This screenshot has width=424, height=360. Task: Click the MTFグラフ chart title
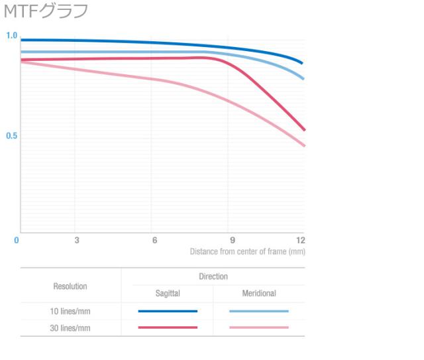tap(46, 11)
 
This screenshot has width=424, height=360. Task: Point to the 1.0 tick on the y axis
tap(11, 36)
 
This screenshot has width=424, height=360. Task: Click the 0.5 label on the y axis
tap(11, 136)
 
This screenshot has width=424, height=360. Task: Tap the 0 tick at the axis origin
tap(17, 240)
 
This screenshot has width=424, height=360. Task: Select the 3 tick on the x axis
tap(77, 240)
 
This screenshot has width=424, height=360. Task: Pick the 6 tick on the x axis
tap(154, 240)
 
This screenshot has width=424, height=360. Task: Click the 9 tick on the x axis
tap(232, 240)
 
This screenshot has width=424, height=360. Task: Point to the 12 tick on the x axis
tap(301, 240)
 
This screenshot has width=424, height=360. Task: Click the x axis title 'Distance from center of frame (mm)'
tap(247, 252)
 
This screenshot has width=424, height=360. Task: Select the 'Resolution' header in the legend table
tap(70, 286)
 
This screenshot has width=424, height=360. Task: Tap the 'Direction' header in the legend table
tap(213, 276)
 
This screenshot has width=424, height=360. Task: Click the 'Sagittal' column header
tap(168, 293)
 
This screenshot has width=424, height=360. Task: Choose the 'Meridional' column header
tap(258, 293)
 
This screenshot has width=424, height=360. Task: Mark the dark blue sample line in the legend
tap(168, 311)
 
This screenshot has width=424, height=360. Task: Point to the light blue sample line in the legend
tap(258, 311)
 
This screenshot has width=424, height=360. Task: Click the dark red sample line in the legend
tap(168, 328)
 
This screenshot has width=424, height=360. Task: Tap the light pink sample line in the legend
tap(258, 328)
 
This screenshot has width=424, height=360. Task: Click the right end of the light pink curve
tap(304, 145)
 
